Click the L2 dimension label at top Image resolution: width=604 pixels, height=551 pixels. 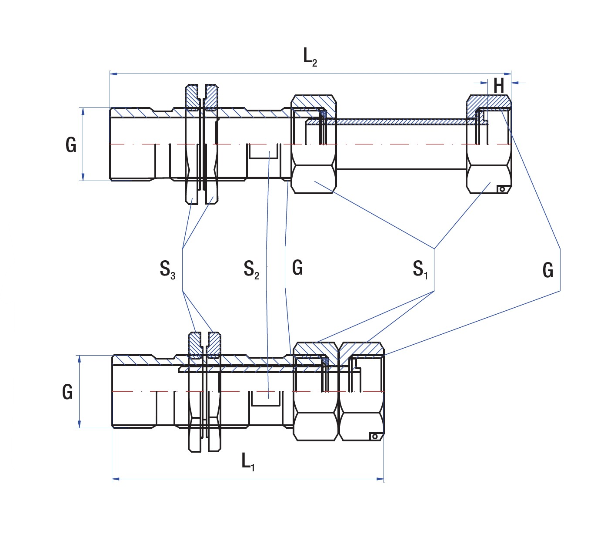310,57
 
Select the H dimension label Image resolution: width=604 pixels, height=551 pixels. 498,86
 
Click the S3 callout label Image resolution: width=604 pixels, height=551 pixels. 167,269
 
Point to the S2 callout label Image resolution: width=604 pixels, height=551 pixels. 251,269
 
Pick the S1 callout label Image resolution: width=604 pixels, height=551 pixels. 420,269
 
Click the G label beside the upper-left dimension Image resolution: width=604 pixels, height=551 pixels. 71,144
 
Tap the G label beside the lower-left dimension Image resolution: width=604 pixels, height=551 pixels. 67,392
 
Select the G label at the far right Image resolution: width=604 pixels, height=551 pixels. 548,270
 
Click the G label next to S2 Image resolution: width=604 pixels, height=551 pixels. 297,268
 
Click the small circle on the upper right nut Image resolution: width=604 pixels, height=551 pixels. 502,189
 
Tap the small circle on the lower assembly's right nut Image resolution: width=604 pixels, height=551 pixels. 374,436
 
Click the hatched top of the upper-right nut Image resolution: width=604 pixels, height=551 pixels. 489,102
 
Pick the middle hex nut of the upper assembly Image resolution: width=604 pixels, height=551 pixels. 313,144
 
